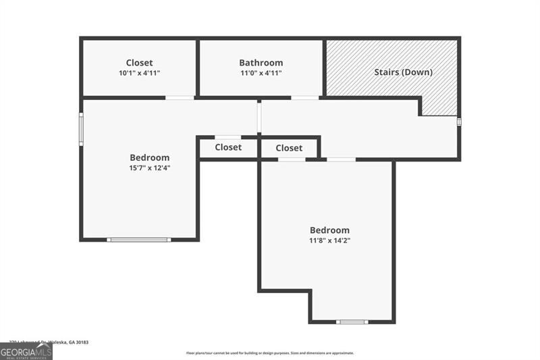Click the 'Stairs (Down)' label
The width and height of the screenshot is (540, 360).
[x=403, y=72]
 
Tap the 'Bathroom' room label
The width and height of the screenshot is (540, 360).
[x=261, y=63]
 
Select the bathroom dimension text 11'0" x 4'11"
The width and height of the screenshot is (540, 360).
[x=261, y=73]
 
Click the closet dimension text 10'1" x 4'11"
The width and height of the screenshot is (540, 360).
[x=139, y=73]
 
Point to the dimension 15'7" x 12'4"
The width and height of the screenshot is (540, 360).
[x=150, y=168]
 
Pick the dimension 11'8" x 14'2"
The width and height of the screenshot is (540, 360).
[x=329, y=240]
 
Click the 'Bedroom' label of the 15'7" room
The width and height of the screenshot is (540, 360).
[x=150, y=157]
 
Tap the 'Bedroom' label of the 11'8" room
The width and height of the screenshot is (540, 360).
[x=329, y=230]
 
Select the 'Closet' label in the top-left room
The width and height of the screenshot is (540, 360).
[x=139, y=63]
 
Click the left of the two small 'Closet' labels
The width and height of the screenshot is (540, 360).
[x=228, y=147]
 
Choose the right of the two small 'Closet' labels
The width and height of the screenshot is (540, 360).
[x=289, y=148]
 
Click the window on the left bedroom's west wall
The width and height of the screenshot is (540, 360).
[x=81, y=128]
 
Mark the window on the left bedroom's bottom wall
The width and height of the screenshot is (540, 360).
[x=139, y=239]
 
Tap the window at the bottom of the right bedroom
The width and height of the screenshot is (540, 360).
[x=352, y=322]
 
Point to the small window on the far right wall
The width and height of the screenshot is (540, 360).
[x=459, y=122]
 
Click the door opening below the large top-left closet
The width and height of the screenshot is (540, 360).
[x=180, y=98]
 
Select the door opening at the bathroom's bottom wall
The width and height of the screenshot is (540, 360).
[x=305, y=98]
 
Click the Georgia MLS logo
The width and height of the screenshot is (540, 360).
[x=26, y=352]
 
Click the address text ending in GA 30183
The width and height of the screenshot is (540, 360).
[x=49, y=342]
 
